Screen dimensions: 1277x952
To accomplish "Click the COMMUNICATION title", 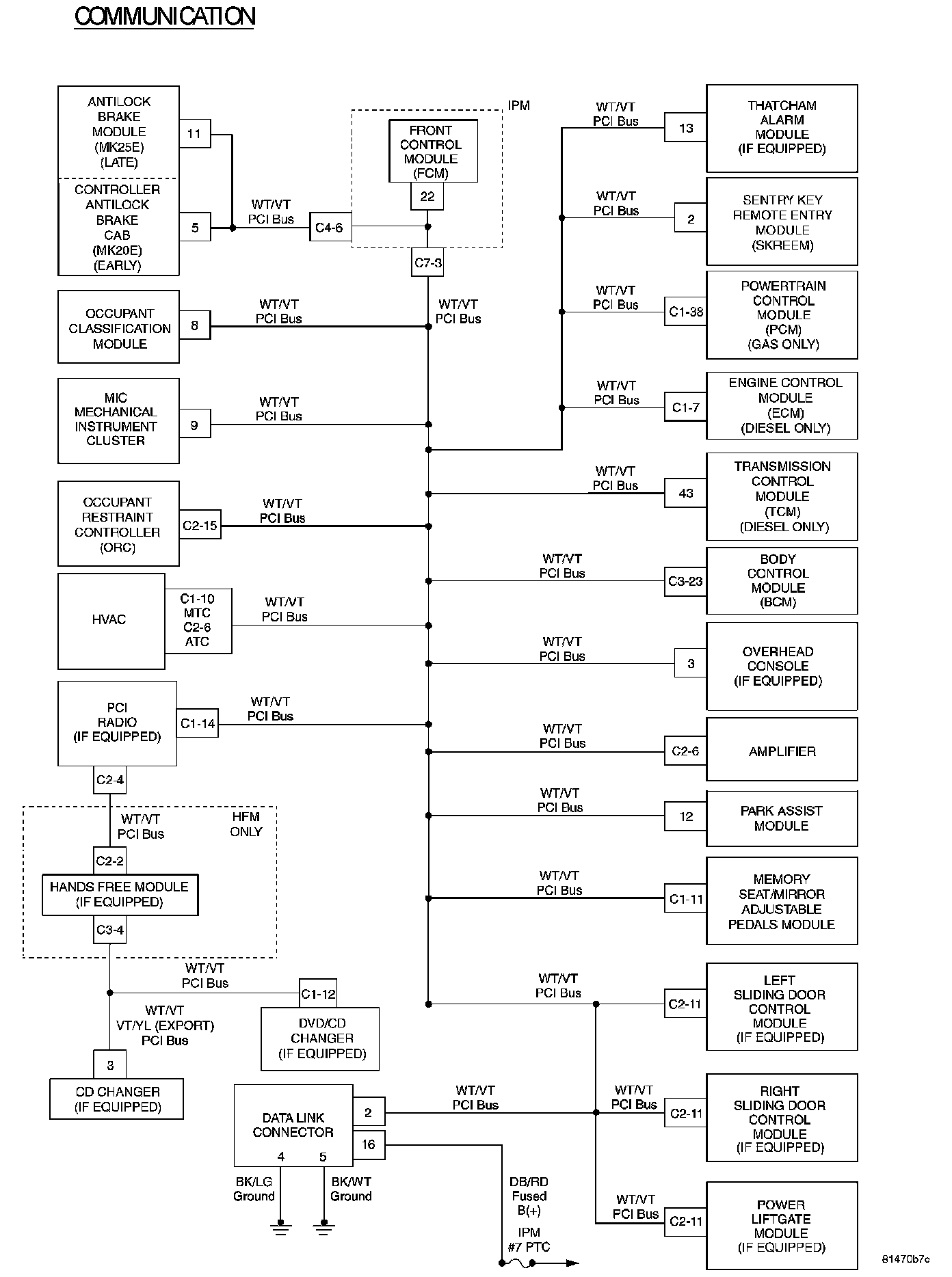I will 165,16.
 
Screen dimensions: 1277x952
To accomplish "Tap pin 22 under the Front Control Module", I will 427,197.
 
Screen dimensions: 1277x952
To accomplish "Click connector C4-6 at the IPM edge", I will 330,228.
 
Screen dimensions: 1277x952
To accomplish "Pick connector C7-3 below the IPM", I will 427,263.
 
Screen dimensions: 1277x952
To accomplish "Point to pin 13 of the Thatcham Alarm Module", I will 685,128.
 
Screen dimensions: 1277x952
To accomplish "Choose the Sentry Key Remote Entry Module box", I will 782,221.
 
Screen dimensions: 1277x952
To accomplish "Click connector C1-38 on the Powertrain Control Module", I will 685,312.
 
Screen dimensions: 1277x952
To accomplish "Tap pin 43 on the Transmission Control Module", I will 685,493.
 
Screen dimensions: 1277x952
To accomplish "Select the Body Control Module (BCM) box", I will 782,580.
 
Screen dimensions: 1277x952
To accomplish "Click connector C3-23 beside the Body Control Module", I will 685,582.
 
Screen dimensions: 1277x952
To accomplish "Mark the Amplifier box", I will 782,751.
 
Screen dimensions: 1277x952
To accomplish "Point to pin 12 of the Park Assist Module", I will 685,816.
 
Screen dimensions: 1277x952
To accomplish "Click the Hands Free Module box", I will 120,894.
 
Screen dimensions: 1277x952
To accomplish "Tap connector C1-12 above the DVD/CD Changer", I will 318,994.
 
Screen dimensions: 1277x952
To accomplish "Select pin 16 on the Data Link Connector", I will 369,1144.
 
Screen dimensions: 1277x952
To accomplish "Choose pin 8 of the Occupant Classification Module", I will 195,326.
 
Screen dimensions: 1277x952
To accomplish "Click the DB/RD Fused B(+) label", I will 529,1196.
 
